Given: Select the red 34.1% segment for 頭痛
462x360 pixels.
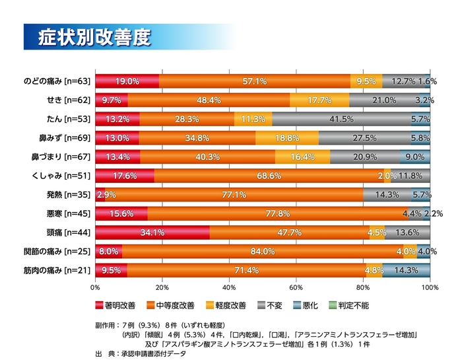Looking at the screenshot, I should [152, 233].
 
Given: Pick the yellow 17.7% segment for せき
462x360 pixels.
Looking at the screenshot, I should [319, 100].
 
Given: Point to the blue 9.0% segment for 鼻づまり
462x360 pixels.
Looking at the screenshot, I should [415, 157].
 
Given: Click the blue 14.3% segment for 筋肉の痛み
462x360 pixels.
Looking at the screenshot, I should [406, 270].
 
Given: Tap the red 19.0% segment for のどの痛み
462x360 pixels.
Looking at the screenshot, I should [127, 81].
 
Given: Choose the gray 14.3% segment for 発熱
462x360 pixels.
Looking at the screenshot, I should [387, 195].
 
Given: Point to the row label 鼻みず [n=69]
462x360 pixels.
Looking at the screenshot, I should [64, 138].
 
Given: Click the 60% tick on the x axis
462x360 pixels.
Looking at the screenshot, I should [296, 288].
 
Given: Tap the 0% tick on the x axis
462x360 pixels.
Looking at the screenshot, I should [96, 288].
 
